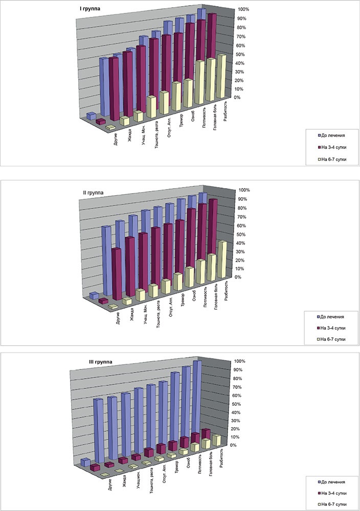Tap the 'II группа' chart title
click(x=93, y=193)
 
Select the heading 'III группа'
click(x=99, y=362)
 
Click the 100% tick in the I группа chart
click(x=243, y=10)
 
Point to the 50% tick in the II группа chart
click(x=242, y=234)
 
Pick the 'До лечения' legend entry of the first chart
click(x=332, y=135)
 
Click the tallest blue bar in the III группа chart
click(x=197, y=399)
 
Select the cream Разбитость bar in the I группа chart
click(x=221, y=77)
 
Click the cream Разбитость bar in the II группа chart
click(x=222, y=260)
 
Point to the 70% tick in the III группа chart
click(x=237, y=387)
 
